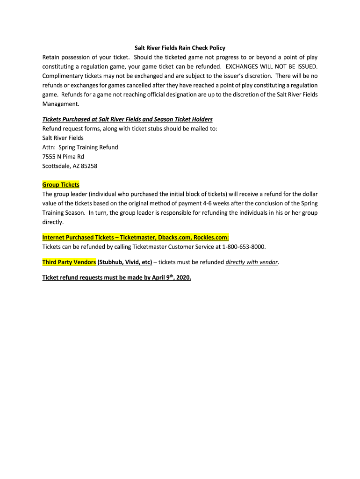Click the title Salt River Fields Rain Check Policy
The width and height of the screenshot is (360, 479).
coord(180,48)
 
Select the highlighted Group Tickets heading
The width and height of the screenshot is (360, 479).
coord(61,185)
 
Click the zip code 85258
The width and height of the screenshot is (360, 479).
coord(88,166)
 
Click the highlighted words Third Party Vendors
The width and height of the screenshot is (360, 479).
coord(69,262)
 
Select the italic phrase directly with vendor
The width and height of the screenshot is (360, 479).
coord(252,262)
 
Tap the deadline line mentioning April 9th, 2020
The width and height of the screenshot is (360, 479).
coord(117,277)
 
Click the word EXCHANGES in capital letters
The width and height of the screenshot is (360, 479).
coord(245,66)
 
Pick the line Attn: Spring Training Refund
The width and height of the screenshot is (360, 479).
coord(80,147)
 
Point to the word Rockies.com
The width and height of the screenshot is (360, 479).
coord(211,237)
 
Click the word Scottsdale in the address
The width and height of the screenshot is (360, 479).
coord(58,166)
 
